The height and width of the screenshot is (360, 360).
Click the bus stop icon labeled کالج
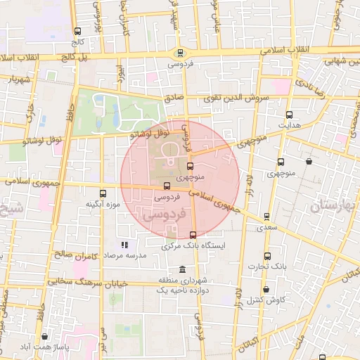tap(77, 32)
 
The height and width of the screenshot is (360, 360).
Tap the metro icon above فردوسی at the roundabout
tap(180, 52)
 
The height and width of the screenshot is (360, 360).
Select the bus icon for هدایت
tap(289, 115)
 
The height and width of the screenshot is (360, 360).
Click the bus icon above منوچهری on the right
tap(281, 162)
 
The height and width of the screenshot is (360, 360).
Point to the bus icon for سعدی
tap(266, 217)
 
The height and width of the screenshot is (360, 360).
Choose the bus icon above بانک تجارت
tap(266, 257)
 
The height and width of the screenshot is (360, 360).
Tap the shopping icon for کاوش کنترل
tap(266, 289)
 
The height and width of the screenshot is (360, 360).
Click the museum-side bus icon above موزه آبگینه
tap(103, 193)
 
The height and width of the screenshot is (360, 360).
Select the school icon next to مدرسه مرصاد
tap(124, 245)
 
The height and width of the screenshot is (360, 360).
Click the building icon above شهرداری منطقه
tap(182, 270)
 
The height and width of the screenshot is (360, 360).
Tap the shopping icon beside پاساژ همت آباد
tap(45, 337)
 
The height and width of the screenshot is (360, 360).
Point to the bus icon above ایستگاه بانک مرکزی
tap(193, 235)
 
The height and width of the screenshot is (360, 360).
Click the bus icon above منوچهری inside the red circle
tap(190, 166)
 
